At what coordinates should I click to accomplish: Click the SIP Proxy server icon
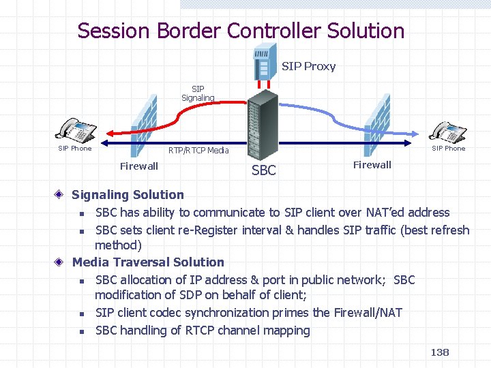(265, 60)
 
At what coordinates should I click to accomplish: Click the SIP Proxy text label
(308, 66)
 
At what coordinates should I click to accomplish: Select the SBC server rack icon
(263, 127)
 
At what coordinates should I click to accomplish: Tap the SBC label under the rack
(264, 170)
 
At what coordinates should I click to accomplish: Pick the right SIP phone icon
(448, 131)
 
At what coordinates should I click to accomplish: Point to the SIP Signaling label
(198, 93)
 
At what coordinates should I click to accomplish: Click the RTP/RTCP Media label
(198, 150)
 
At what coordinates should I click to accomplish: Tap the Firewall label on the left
(138, 166)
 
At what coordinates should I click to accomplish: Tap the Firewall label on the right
(372, 164)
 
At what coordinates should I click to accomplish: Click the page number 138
(440, 352)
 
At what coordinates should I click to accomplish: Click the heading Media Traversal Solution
(148, 262)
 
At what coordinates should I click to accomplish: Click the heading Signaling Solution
(128, 195)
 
